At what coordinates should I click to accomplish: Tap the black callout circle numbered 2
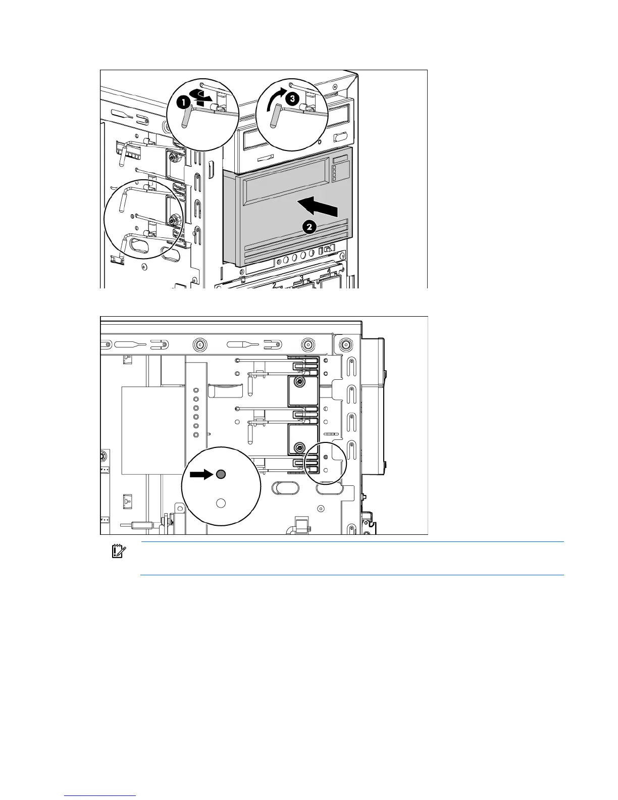310,227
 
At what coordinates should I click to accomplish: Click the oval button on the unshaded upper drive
340,137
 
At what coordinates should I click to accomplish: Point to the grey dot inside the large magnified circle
221,474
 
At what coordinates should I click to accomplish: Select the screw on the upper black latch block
300,382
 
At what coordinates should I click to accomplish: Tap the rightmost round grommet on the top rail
346,345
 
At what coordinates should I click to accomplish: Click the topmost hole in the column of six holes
196,390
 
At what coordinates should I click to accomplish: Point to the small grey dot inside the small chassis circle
325,457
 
